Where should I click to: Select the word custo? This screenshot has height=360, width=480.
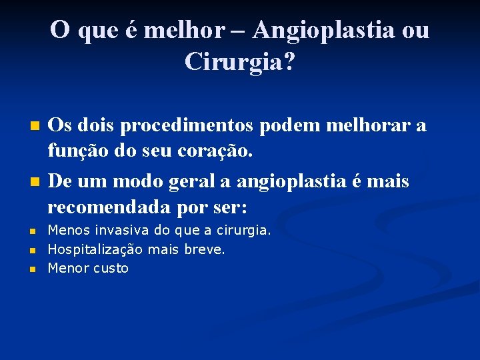109,269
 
